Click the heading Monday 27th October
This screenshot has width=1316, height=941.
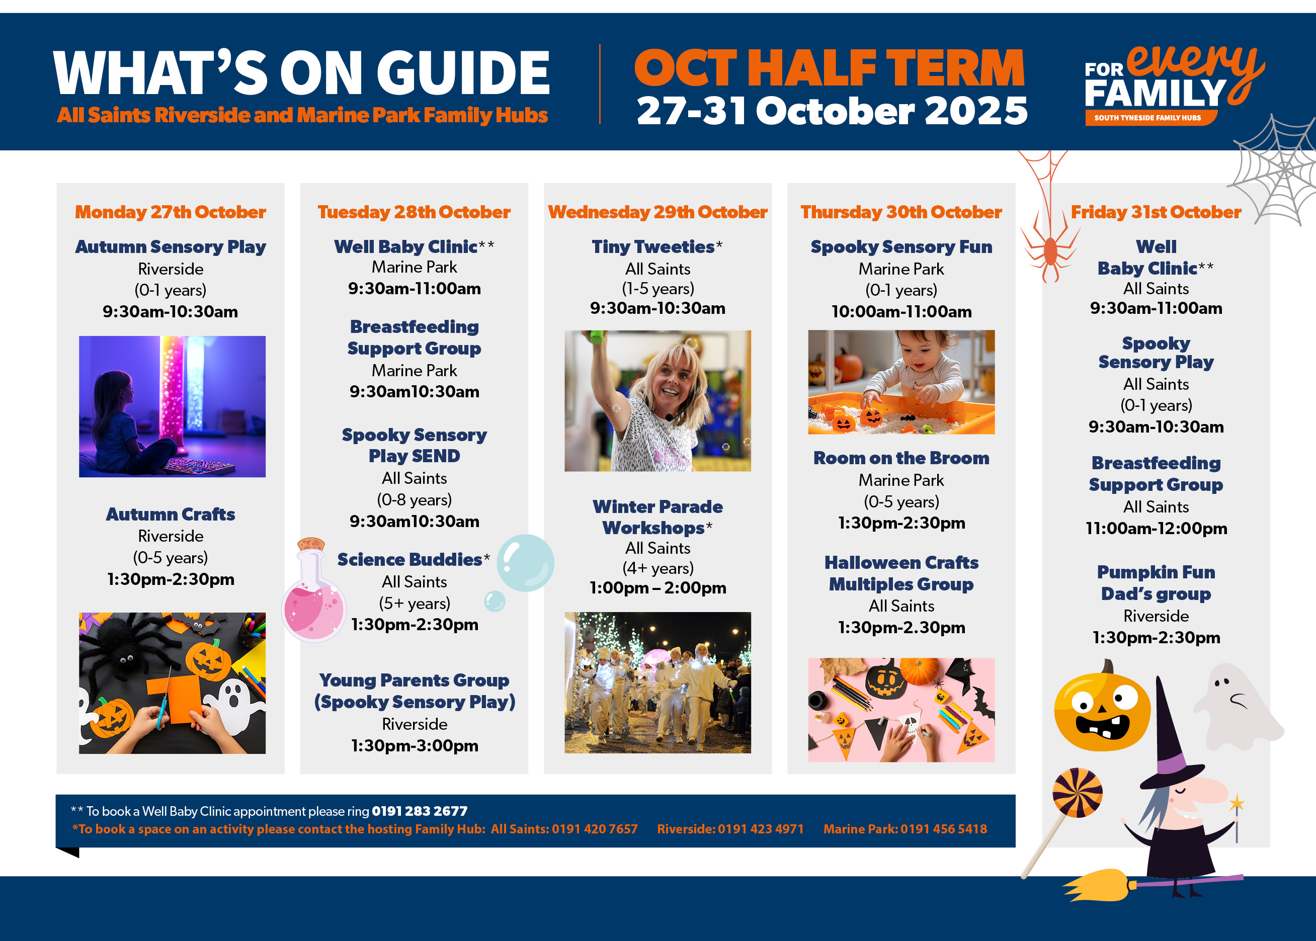coord(171,212)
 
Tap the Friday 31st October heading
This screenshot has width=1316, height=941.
coord(1156,212)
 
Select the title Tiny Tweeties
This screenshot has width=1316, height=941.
coord(653,247)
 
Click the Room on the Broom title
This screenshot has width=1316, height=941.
coord(901,458)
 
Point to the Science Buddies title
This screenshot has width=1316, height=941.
coord(409,560)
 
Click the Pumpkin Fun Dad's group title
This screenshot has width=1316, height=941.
coord(1156,583)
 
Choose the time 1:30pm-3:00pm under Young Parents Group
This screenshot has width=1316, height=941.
coord(415,746)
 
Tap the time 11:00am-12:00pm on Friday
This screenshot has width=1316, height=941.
coord(1156,529)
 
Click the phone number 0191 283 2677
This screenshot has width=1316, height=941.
coord(420,811)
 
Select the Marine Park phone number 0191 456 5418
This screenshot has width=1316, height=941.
coord(943,829)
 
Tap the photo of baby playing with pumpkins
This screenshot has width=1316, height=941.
coord(901,382)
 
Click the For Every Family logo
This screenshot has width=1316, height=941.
coord(1174,84)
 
